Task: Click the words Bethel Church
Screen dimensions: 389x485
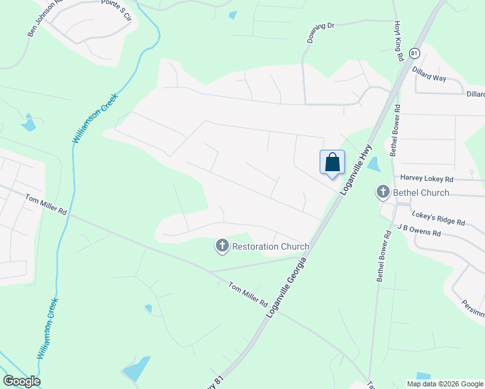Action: (x=421, y=193)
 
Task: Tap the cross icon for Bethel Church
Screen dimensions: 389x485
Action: (x=383, y=192)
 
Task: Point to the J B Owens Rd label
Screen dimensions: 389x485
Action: (x=419, y=230)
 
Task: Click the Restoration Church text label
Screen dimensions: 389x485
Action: (x=270, y=246)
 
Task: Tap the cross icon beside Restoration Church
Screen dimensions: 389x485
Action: (x=222, y=246)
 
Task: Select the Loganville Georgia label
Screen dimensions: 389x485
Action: (x=286, y=286)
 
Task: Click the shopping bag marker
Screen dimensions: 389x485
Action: (x=332, y=162)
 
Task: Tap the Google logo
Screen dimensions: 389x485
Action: (x=22, y=381)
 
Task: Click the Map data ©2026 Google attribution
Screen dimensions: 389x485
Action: (x=445, y=383)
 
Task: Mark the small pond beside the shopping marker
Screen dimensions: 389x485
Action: (x=373, y=165)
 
